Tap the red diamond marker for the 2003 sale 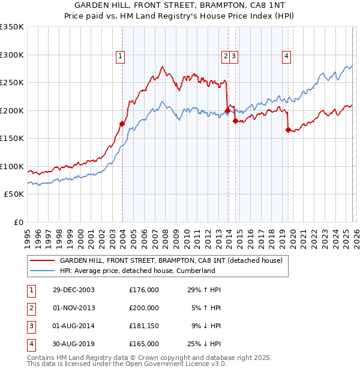[x=122, y=124]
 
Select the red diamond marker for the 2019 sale [x=289, y=130]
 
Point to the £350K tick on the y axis [x=12, y=27]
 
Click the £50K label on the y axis [x=14, y=194]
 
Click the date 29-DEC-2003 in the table [x=74, y=290]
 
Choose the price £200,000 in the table [x=144, y=308]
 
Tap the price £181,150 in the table [x=144, y=326]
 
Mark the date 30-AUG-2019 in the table [x=74, y=344]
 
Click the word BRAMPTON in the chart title [x=224, y=7]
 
